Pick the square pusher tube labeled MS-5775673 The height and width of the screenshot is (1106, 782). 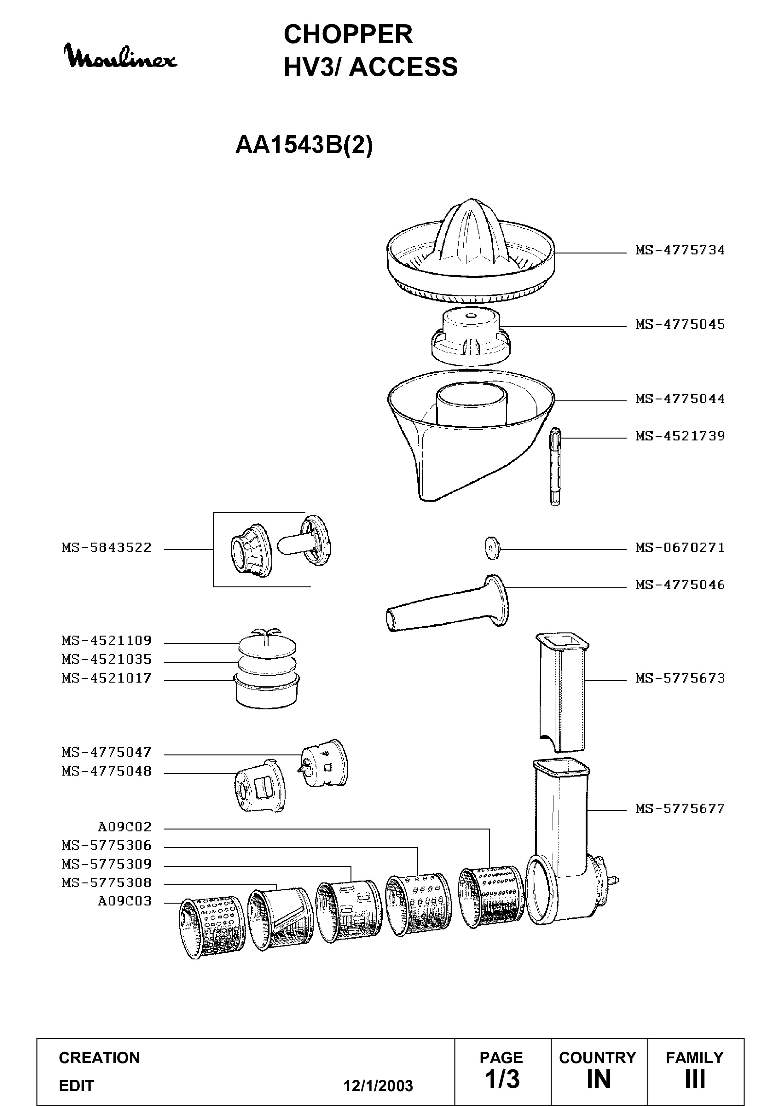pyautogui.click(x=562, y=692)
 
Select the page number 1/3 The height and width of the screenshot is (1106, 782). pyautogui.click(x=502, y=1080)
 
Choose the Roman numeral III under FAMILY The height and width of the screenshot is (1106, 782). pyautogui.click(x=695, y=1080)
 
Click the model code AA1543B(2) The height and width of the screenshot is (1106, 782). pyautogui.click(x=304, y=145)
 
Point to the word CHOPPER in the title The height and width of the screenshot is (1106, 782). pyautogui.click(x=348, y=34)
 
